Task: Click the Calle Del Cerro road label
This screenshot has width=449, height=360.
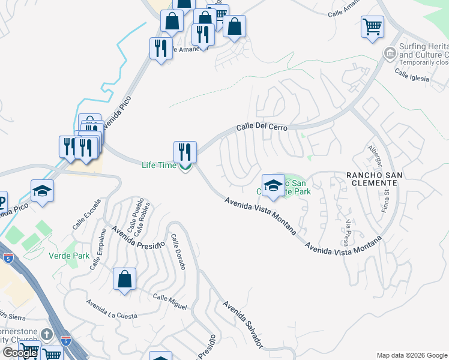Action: pos(262,127)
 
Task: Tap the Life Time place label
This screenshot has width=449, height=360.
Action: pos(159,165)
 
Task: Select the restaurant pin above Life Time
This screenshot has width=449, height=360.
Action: pos(185,152)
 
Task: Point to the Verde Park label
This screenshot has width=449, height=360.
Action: pos(69,256)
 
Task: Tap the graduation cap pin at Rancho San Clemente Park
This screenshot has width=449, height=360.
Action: pos(273,185)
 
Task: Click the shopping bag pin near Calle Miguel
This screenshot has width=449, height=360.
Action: pos(124,279)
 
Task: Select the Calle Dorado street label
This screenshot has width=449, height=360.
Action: pos(178,251)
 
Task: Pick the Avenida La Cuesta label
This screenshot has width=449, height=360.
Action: pos(111,310)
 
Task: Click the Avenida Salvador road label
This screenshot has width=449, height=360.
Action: pos(243,324)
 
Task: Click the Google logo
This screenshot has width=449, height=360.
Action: pos(19,353)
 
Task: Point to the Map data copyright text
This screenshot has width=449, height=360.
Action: pos(411,355)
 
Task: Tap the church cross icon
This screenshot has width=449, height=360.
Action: pos(47,334)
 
